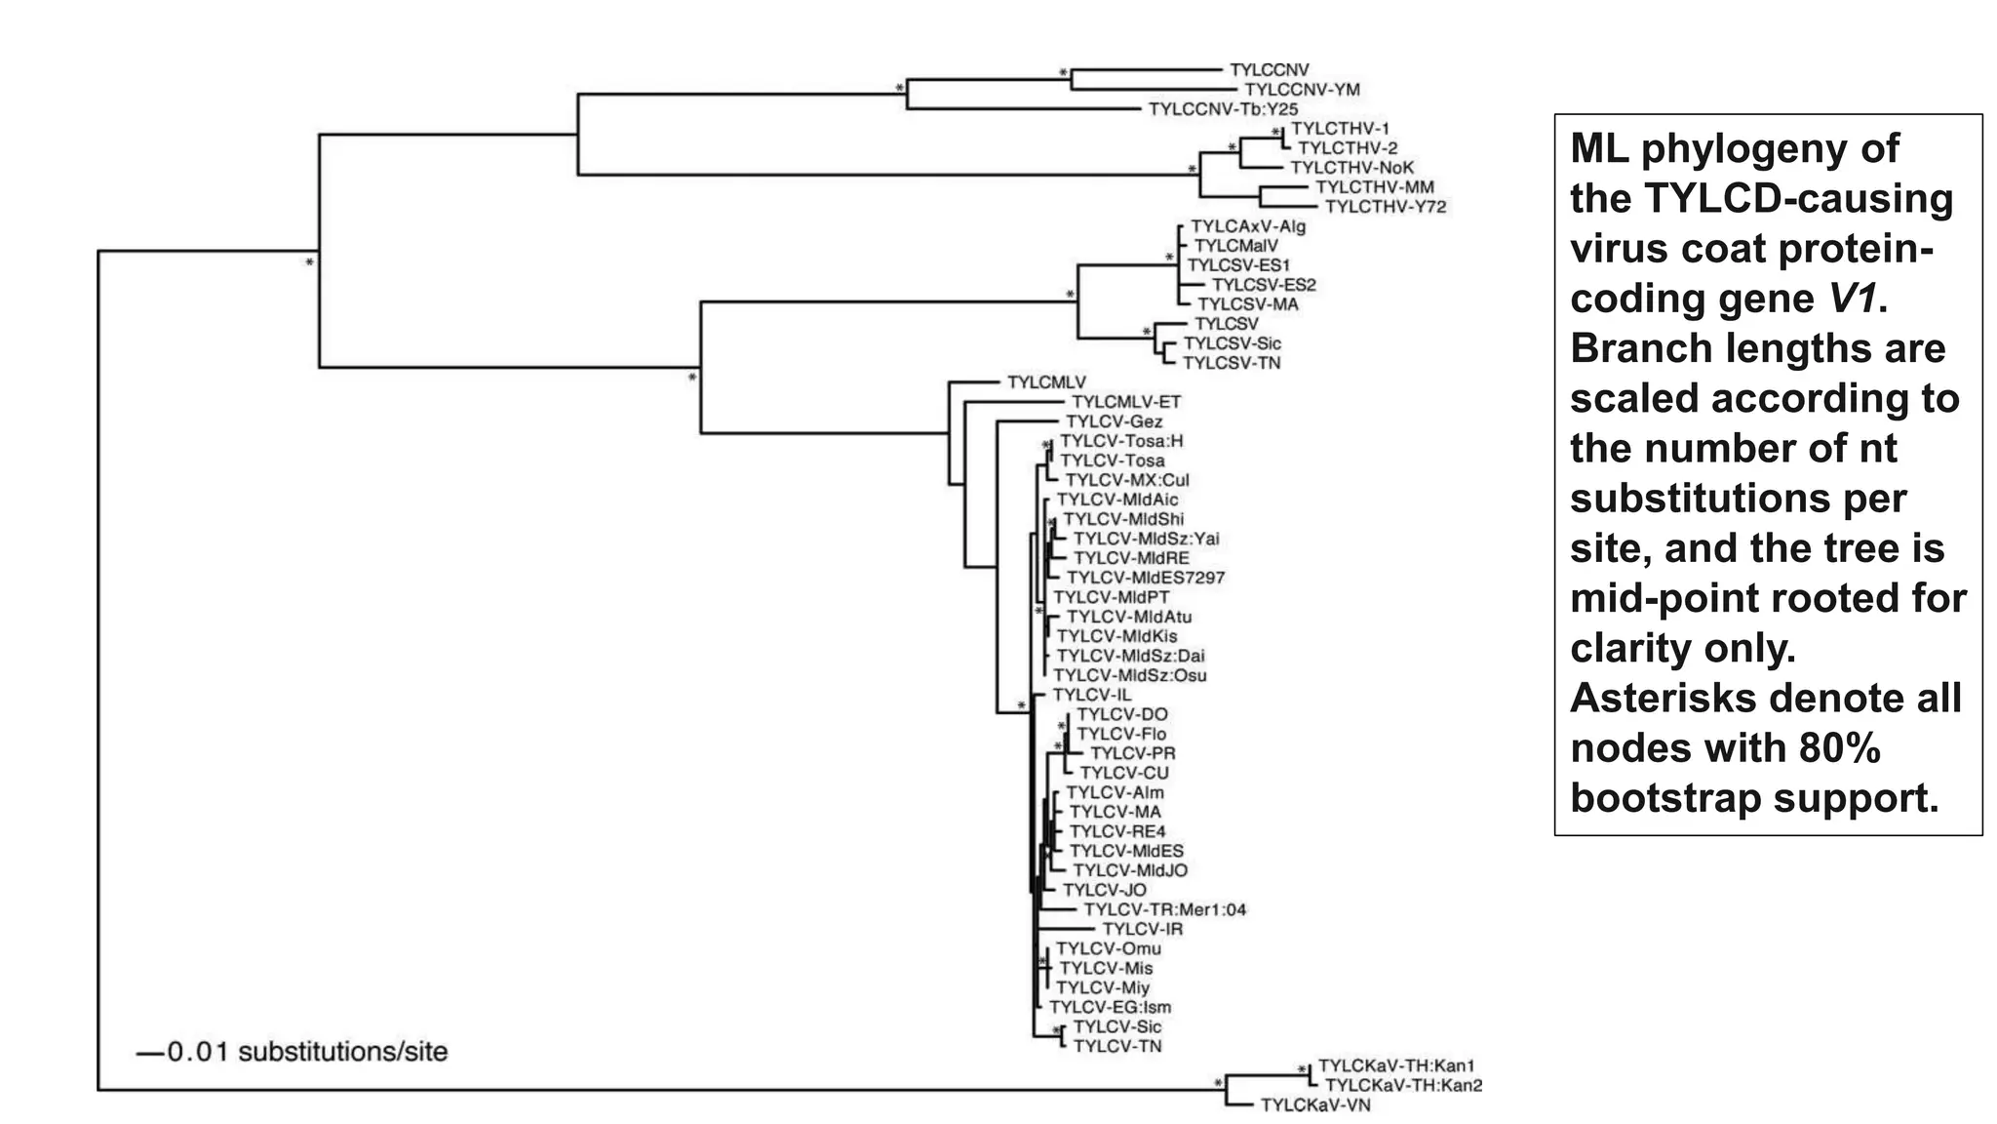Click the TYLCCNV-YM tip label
click(x=1302, y=90)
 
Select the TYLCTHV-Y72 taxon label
click(x=1386, y=207)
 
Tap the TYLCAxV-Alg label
click(x=1247, y=226)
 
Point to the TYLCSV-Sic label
click(x=1232, y=343)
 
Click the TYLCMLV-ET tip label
click(x=1125, y=402)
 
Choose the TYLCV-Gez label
click(x=1114, y=421)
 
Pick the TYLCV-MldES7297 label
click(x=1145, y=578)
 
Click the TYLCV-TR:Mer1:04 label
click(x=1164, y=909)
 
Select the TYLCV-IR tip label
click(x=1142, y=929)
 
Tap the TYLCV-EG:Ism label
click(x=1110, y=1007)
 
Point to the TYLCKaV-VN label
click(x=1315, y=1104)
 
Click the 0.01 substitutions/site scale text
click(x=307, y=1052)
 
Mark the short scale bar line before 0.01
click(x=150, y=1053)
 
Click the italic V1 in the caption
click(x=1852, y=299)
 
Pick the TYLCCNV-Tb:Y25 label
click(x=1223, y=109)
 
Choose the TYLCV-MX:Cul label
click(x=1126, y=480)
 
